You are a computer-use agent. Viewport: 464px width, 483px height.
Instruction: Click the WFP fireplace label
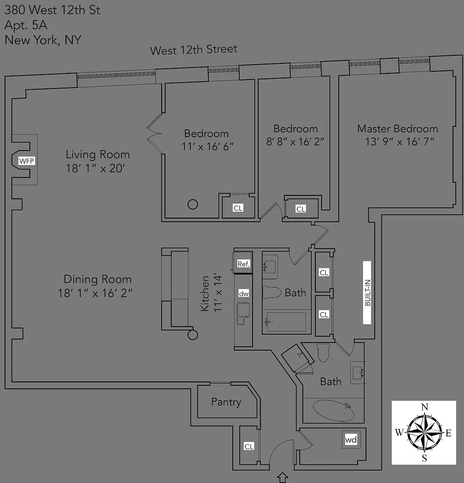point(26,161)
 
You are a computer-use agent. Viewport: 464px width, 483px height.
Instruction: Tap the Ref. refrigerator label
point(243,264)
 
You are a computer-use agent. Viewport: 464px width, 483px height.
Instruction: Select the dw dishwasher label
point(244,293)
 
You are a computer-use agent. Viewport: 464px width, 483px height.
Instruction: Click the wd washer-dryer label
point(351,439)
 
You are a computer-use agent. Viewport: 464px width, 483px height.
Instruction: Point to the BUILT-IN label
point(367,293)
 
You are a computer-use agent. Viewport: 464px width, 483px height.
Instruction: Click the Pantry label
point(226,402)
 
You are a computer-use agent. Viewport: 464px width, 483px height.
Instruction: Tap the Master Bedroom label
point(397,128)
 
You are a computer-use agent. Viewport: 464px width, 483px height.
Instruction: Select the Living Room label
point(98,154)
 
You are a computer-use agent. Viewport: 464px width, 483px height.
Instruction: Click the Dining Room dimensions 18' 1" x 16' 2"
point(95,293)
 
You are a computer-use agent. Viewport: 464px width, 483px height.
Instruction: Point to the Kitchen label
point(205,293)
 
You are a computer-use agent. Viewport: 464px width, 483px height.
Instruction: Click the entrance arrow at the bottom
point(282,477)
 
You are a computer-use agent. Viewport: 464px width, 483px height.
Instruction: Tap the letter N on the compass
point(425,407)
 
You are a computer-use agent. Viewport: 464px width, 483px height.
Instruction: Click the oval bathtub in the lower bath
point(333,410)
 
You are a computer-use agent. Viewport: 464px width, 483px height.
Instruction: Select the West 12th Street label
point(193,49)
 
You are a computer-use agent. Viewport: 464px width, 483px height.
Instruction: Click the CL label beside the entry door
point(249,447)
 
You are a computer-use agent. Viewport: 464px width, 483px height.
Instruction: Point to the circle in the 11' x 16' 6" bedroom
point(193,204)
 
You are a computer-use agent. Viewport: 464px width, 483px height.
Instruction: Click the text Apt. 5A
point(26,25)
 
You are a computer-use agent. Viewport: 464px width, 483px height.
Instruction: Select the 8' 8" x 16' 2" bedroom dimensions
point(295,142)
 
